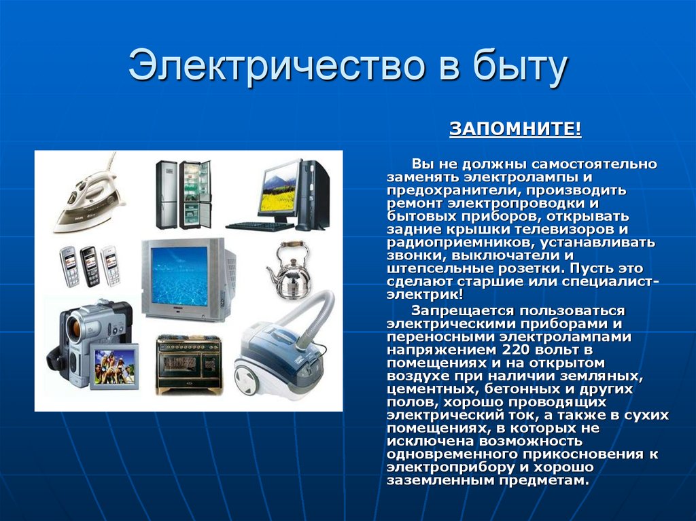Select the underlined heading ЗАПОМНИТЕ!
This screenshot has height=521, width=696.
click(x=515, y=129)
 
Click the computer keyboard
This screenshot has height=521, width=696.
click(x=260, y=226)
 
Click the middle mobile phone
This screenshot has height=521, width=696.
click(x=90, y=266)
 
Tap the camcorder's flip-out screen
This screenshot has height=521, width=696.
click(x=114, y=367)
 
